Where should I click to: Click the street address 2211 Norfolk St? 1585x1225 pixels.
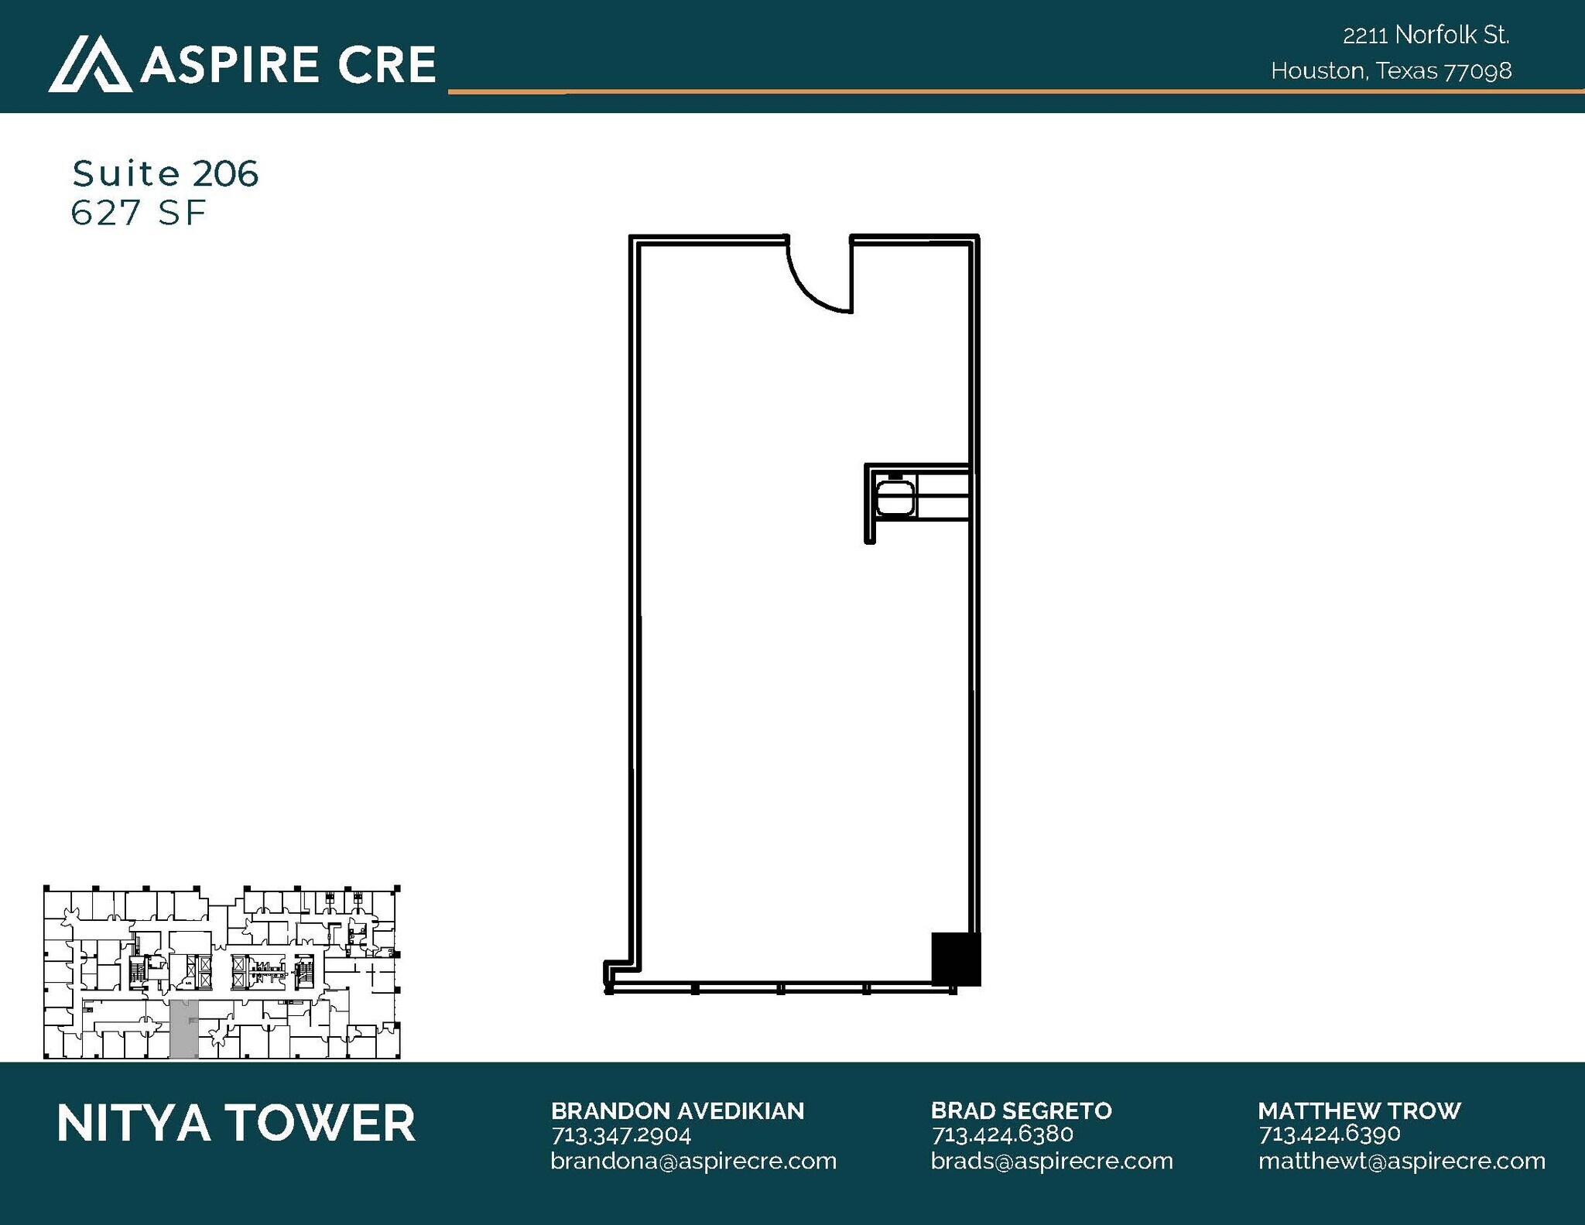(x=1426, y=35)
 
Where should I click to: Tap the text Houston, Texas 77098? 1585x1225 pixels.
(x=1391, y=71)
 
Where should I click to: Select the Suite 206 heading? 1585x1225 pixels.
(x=165, y=173)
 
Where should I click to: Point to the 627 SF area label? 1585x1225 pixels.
(x=139, y=213)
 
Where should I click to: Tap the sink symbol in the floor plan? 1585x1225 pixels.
(x=895, y=498)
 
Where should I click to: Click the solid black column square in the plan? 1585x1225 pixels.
(x=956, y=959)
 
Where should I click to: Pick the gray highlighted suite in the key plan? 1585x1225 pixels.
(x=183, y=1029)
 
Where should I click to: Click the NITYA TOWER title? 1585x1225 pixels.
(x=236, y=1123)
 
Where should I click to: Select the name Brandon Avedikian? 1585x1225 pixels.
(x=677, y=1110)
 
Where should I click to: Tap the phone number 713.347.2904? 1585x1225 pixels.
(x=621, y=1134)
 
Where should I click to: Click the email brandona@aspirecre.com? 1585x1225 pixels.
(x=693, y=1161)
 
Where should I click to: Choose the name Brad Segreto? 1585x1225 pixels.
(x=1022, y=1110)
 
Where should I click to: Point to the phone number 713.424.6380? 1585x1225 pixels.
(x=1002, y=1134)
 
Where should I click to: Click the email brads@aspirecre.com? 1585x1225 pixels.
(x=1052, y=1161)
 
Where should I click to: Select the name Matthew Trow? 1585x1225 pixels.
(x=1359, y=1110)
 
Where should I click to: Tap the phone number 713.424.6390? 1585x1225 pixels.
(x=1330, y=1134)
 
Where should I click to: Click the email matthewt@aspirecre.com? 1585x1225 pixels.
(x=1402, y=1161)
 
